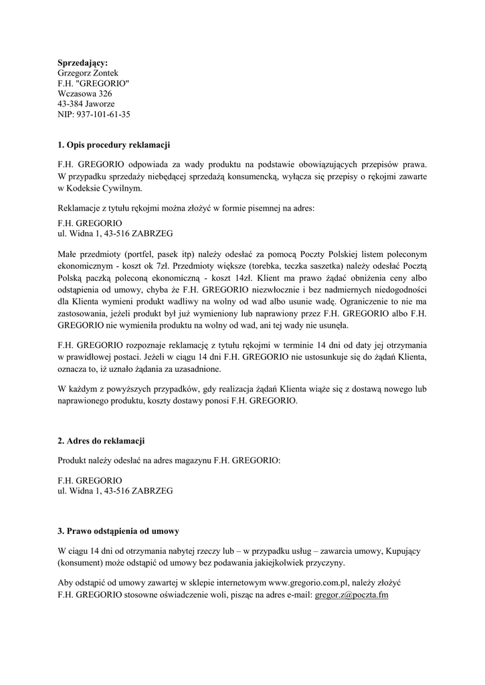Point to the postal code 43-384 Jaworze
click(x=86, y=104)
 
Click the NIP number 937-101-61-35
click(x=94, y=115)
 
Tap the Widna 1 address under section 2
click(x=115, y=491)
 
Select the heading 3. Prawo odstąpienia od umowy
click(x=118, y=532)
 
